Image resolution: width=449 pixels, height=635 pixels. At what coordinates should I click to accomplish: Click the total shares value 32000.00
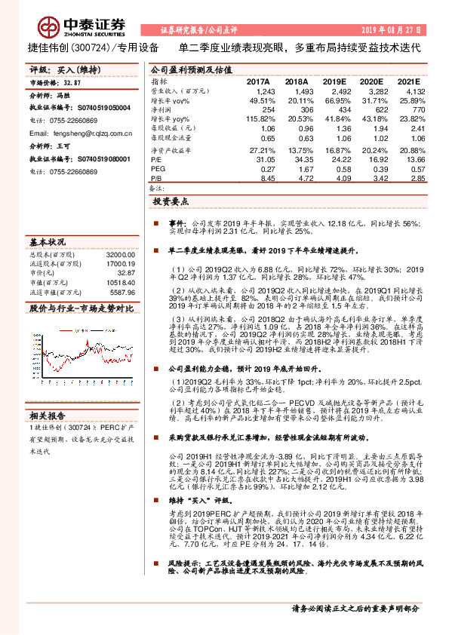point(120,256)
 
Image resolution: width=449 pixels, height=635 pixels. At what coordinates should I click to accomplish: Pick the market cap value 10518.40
point(120,283)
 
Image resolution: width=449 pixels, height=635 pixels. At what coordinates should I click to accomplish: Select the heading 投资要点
point(171,202)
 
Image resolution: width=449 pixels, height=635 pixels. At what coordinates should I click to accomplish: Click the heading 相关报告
point(48,415)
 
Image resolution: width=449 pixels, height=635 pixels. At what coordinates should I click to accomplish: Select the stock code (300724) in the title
point(94,47)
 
